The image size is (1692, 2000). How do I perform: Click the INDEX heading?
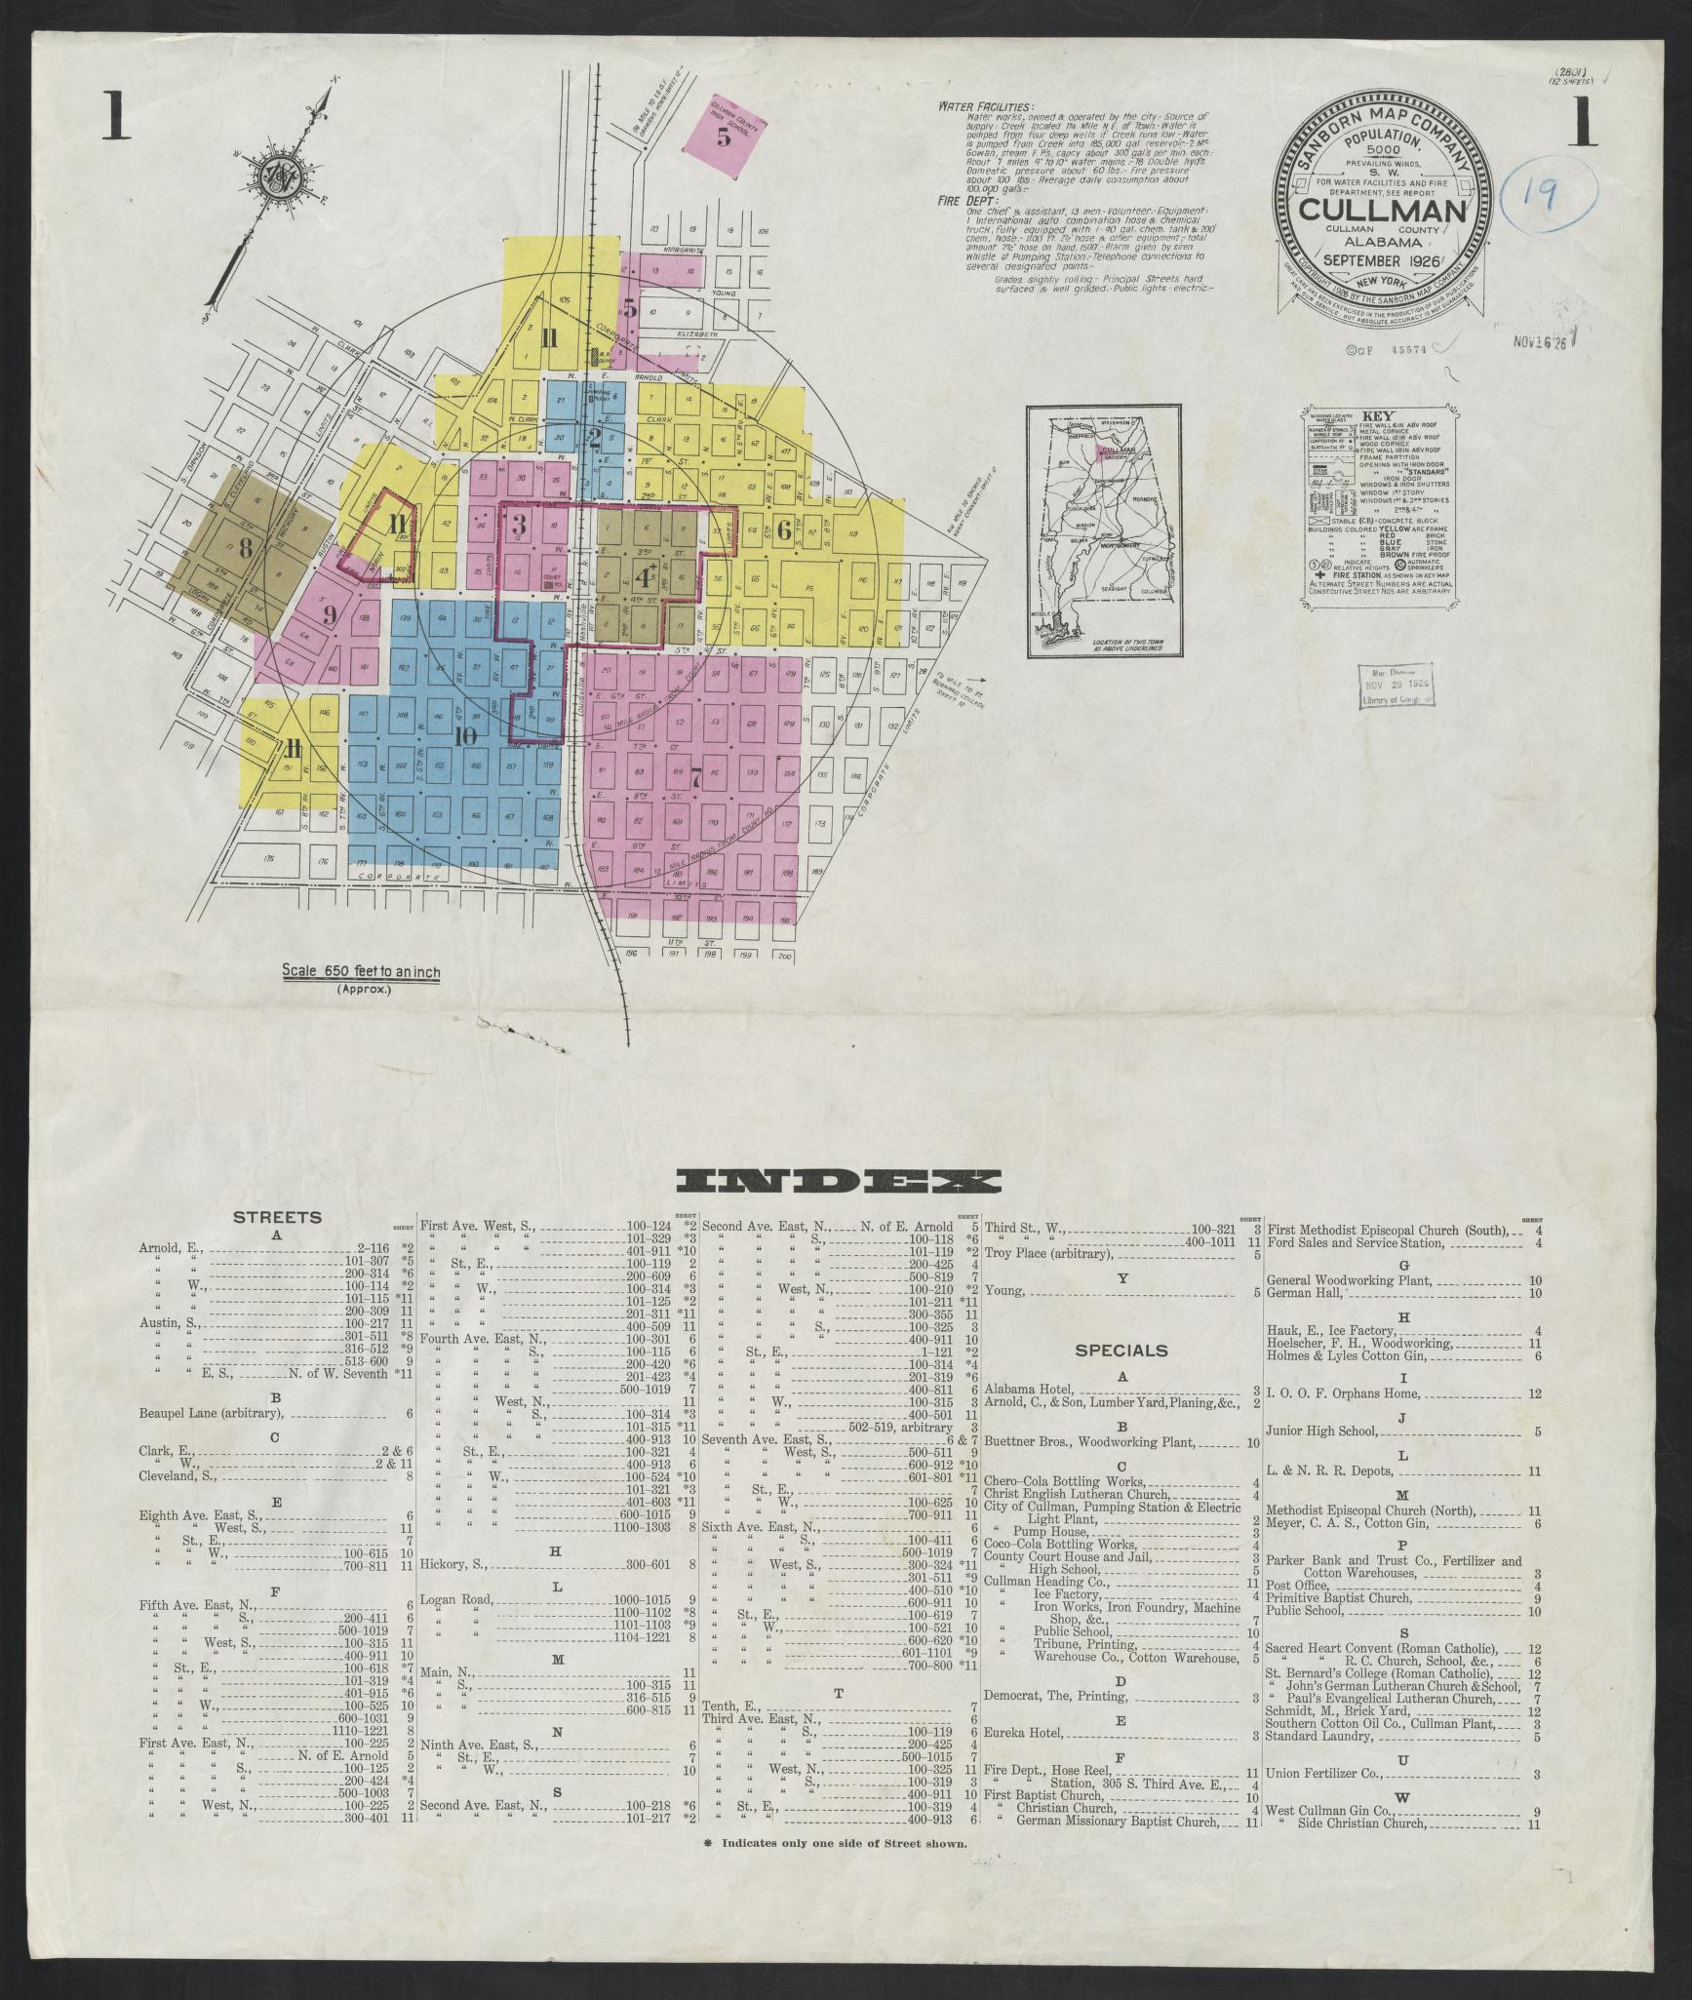point(842,1183)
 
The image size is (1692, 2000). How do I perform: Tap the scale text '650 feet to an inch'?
point(361,971)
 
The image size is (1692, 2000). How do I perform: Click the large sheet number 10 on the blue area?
point(465,735)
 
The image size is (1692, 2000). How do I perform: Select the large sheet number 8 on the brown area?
point(245,548)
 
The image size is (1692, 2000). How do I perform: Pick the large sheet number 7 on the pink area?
point(695,777)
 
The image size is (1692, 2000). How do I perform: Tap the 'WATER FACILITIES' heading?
point(987,106)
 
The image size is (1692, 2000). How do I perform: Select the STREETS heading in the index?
point(277,1217)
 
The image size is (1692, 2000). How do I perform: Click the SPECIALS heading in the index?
point(1121,1351)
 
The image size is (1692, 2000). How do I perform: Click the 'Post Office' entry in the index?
point(1293,1587)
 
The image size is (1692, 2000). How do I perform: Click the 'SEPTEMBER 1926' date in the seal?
point(1383,260)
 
